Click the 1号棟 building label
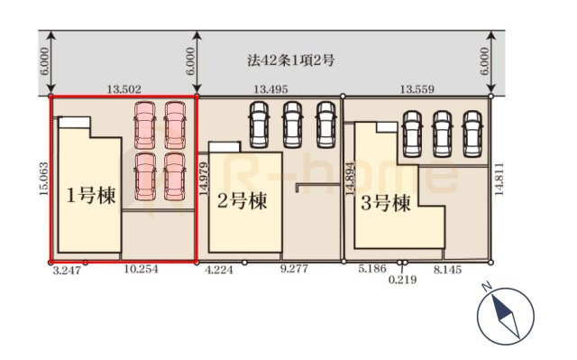[x=91, y=196]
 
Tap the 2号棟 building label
[x=242, y=199]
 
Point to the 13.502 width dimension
[x=124, y=89]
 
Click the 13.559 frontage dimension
[x=417, y=89]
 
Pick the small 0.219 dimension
[x=402, y=281]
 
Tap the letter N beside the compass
[x=486, y=288]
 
